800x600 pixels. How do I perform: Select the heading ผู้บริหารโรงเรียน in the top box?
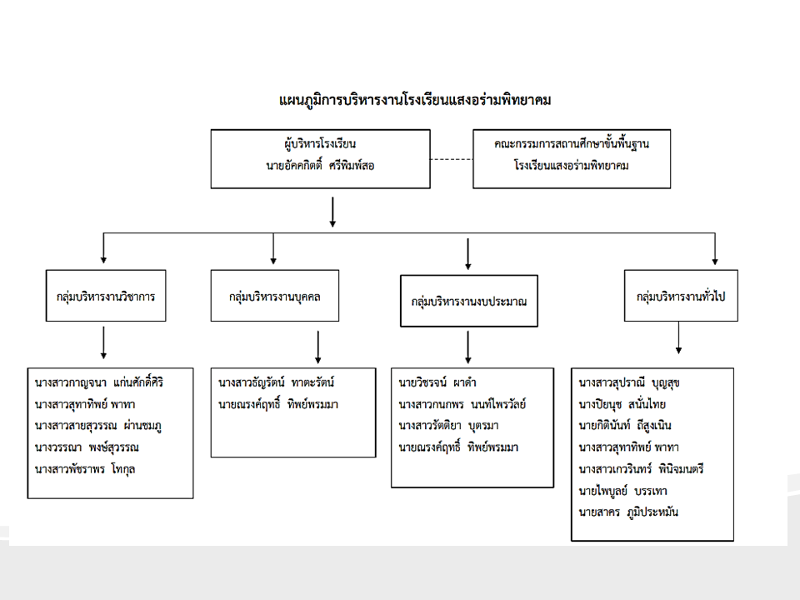320,144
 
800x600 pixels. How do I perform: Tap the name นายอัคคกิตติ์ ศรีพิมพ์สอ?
320,165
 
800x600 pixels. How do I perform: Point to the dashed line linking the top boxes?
451,158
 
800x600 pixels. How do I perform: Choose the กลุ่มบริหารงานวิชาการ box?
106,296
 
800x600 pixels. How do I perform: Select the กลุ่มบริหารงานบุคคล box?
275,296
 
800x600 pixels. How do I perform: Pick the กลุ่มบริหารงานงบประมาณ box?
468,300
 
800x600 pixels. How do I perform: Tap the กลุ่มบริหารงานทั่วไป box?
681,296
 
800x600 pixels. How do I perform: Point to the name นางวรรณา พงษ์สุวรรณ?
87,447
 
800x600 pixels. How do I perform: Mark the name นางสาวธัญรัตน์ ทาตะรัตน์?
276,383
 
